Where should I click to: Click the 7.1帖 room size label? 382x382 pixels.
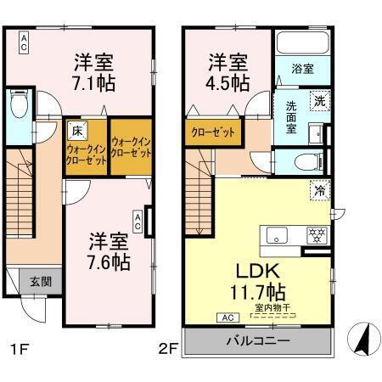coord(95,83)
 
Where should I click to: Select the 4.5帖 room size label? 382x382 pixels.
coord(228,83)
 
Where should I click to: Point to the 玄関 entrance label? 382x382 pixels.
coord(30,282)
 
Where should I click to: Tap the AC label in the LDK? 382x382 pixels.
coord(227,317)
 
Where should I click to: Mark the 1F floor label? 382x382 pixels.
coord(20,348)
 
